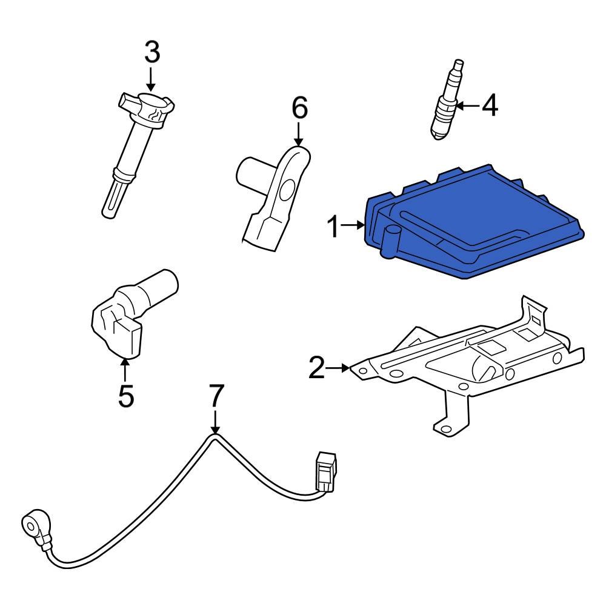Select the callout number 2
click(316, 368)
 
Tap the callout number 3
click(152, 53)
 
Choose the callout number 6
click(299, 108)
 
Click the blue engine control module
click(473, 224)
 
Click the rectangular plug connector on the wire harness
click(325, 473)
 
